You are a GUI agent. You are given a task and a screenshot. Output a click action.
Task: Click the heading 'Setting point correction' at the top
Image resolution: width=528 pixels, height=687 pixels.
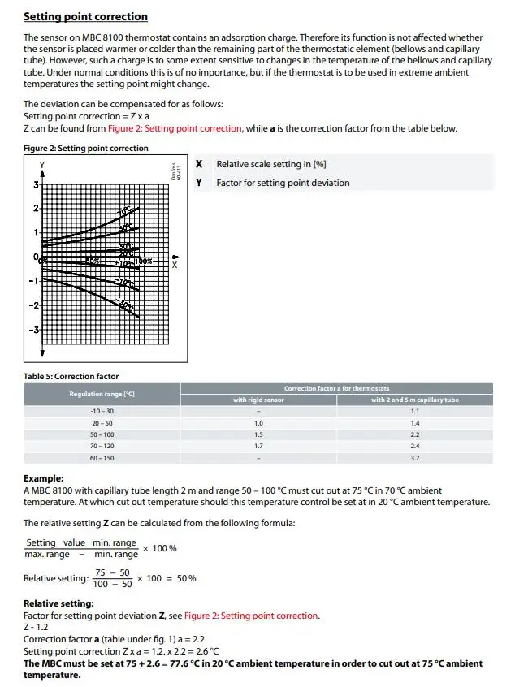(85, 16)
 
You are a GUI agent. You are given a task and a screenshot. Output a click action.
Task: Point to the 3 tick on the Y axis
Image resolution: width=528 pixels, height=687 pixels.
(35, 185)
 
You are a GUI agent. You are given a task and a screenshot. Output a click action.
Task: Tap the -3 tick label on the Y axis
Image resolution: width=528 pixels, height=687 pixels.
(34, 331)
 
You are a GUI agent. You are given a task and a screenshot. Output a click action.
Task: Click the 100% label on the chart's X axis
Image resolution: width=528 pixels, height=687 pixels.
(144, 261)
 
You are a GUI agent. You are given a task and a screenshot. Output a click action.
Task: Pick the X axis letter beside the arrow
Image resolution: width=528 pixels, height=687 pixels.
(175, 266)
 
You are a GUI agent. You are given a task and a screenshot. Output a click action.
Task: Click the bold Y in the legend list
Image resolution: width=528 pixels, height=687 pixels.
(199, 183)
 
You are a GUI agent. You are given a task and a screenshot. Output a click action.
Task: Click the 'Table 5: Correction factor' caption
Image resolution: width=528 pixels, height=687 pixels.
(71, 376)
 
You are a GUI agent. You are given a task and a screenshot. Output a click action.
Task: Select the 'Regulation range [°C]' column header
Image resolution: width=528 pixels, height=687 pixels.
(102, 394)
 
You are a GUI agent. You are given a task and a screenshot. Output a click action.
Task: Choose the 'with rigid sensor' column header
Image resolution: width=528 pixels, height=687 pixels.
(258, 400)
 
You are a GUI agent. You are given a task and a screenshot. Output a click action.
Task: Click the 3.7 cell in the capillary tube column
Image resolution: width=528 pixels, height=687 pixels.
(414, 458)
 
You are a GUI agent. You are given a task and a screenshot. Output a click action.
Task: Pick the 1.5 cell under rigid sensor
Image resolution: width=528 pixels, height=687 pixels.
(258, 434)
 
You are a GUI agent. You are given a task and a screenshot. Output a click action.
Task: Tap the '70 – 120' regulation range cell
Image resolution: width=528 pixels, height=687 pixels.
(102, 446)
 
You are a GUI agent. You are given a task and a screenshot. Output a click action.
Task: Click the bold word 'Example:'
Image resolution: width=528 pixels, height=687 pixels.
(43, 479)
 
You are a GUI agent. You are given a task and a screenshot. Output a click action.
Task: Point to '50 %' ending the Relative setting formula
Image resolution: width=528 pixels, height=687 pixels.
(187, 578)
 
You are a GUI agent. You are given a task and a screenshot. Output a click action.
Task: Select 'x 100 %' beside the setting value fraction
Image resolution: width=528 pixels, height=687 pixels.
(160, 548)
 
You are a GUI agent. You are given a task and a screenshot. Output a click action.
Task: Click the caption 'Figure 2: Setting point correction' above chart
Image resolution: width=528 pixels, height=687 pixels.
(86, 148)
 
